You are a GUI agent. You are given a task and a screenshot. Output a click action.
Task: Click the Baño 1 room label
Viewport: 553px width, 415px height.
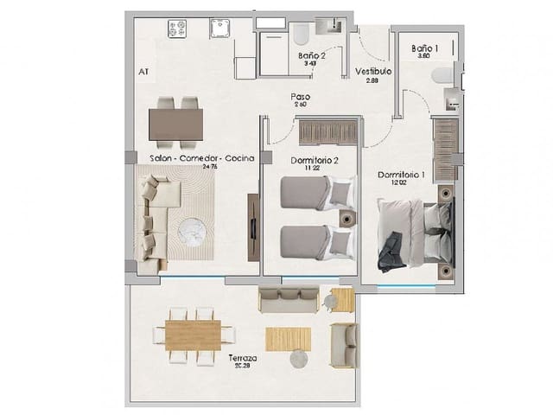click(x=424, y=49)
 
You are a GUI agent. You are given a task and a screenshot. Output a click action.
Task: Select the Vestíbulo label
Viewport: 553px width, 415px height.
click(x=373, y=73)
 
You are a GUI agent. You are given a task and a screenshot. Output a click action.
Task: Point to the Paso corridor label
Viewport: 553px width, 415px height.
click(x=300, y=97)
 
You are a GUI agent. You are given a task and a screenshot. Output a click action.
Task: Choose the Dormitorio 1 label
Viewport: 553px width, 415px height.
click(x=402, y=176)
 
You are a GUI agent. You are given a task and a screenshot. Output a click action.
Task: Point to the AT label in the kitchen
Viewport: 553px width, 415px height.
click(x=141, y=73)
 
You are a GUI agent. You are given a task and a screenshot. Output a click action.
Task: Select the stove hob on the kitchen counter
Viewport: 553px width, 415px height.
click(x=180, y=29)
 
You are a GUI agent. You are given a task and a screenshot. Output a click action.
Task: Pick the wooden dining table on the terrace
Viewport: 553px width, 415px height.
click(x=193, y=331)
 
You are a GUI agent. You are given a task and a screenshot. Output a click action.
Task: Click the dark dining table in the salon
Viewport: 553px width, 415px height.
click(x=175, y=123)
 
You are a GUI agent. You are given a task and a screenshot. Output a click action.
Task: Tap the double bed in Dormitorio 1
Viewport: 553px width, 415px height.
click(x=415, y=232)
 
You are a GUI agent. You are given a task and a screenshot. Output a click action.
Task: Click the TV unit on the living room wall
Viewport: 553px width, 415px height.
click(x=252, y=227)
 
